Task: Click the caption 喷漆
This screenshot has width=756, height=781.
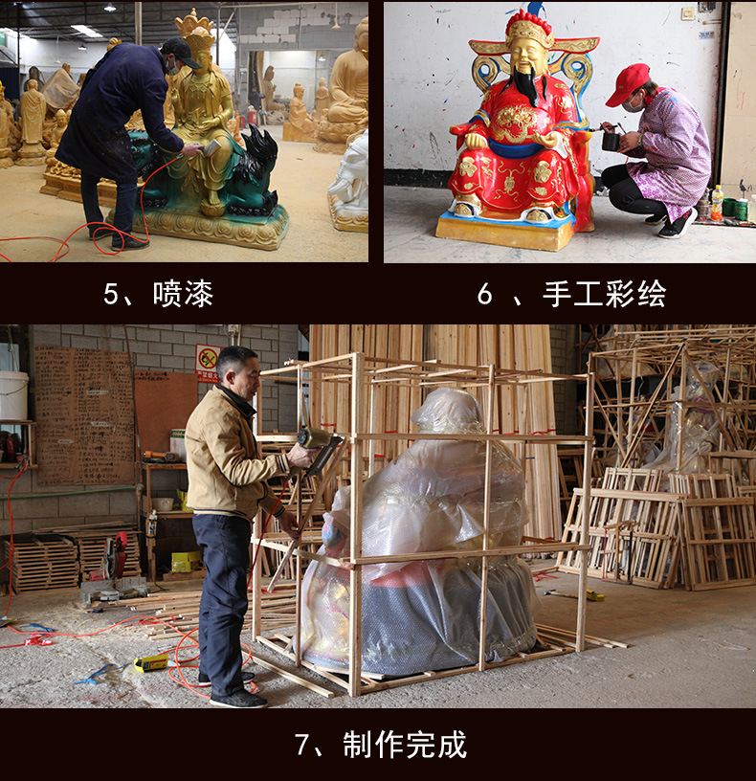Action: coord(183,294)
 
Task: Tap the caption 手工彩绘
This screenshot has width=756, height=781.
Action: coord(604,294)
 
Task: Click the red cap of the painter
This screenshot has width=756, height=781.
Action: coord(628,83)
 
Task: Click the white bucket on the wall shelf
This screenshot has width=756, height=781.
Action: coord(13,394)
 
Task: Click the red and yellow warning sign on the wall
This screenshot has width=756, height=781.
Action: coord(208,362)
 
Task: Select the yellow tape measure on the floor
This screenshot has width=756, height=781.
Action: coord(150,662)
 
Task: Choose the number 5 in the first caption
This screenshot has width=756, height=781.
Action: coord(111,294)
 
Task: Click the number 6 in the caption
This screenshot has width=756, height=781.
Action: coord(485,294)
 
